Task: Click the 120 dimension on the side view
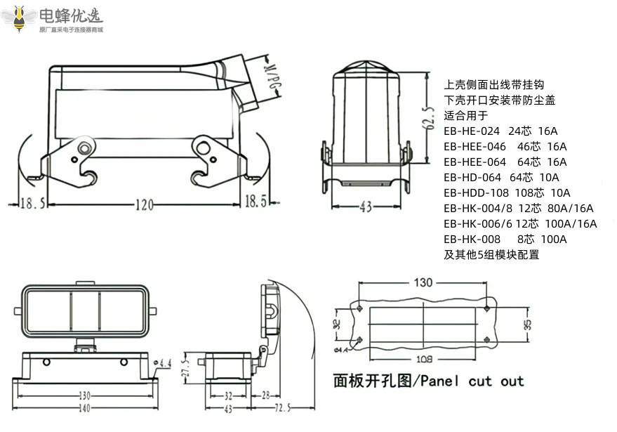click(x=144, y=204)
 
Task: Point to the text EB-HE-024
click(x=472, y=131)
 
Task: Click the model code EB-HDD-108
click(x=476, y=192)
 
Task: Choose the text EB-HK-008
click(x=472, y=239)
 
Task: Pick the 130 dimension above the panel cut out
click(x=423, y=282)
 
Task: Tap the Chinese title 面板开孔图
click(x=373, y=381)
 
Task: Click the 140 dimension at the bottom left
click(x=84, y=408)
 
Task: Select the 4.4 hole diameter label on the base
click(x=165, y=363)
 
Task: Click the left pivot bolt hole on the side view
click(x=85, y=148)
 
